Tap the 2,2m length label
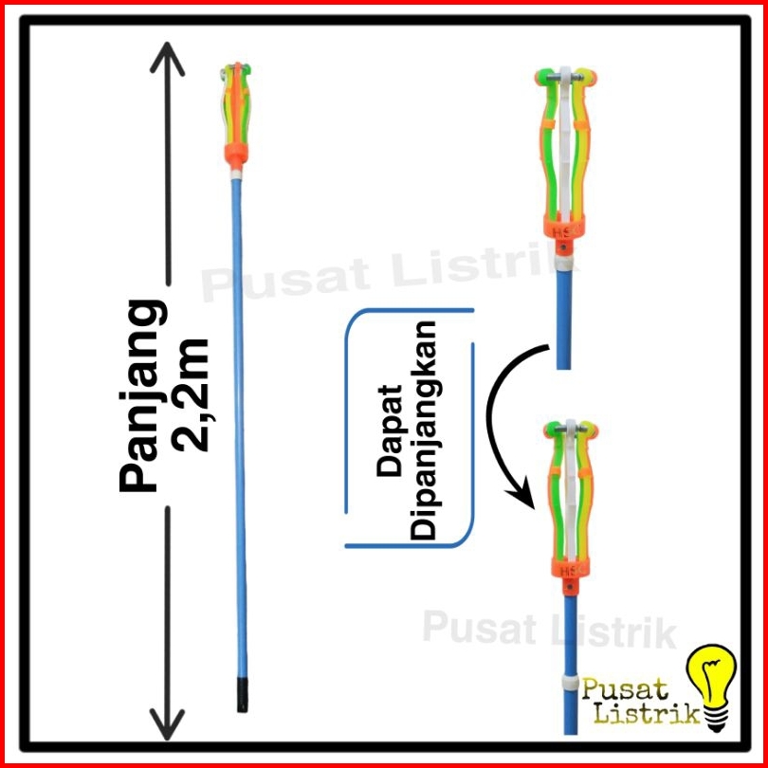coord(189,393)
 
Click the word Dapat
coord(390,430)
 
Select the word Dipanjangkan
coord(423,430)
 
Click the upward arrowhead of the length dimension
coord(168,59)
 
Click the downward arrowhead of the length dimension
coord(168,724)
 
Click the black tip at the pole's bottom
coord(242,694)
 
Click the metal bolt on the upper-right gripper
coord(565,77)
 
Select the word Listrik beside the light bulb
coord(648,714)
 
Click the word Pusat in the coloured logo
coord(625,689)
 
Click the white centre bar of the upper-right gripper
coord(566,147)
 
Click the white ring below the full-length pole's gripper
coord(236,174)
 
